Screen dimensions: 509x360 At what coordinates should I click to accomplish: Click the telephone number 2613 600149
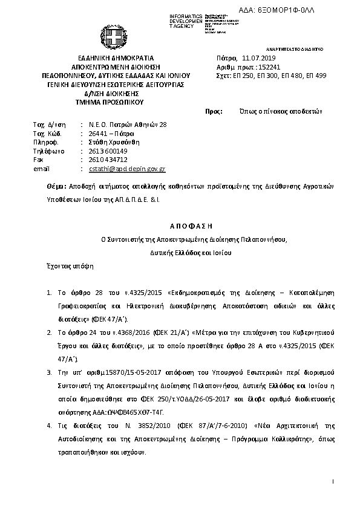point(108,151)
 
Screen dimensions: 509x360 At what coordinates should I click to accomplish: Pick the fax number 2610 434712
point(108,160)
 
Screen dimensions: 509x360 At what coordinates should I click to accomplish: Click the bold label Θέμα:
point(57,187)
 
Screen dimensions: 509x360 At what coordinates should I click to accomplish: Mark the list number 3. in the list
point(49,369)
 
